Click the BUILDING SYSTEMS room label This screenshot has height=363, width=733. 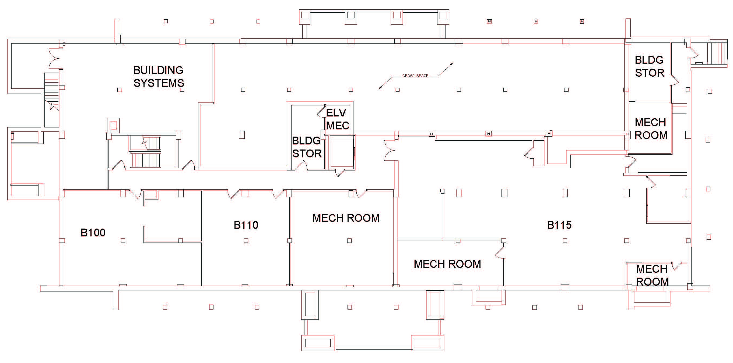click(159, 76)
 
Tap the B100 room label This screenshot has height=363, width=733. click(93, 233)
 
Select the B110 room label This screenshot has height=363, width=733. click(246, 225)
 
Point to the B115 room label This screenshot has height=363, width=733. click(559, 225)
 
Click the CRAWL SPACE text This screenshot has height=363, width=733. click(415, 76)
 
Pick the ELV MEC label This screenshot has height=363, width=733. click(337, 119)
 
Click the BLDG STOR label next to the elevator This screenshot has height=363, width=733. click(306, 147)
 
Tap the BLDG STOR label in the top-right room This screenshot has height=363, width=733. click(649, 66)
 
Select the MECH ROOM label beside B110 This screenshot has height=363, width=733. click(346, 218)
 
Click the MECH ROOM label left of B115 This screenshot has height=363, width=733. click(447, 264)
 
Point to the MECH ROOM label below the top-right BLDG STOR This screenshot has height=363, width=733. click(651, 129)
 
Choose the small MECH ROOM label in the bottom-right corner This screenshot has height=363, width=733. click(652, 275)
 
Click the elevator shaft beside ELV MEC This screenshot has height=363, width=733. click(341, 152)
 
